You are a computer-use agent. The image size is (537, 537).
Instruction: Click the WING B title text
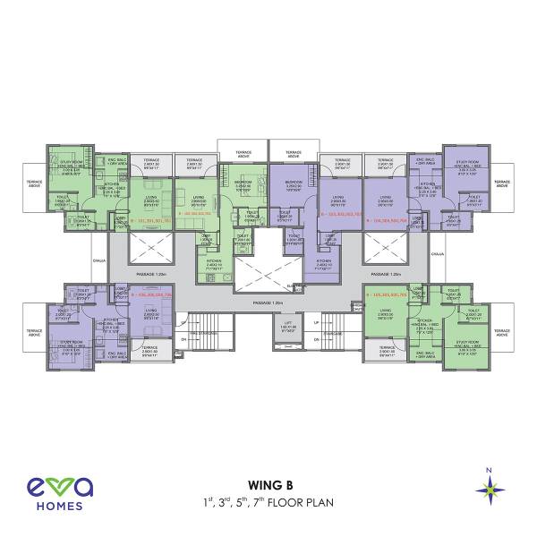(x=268, y=487)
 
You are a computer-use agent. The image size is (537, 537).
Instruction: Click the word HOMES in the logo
(x=59, y=506)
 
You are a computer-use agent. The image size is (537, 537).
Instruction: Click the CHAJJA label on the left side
(x=99, y=261)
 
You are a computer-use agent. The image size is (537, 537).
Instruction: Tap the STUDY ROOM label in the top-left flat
(x=72, y=164)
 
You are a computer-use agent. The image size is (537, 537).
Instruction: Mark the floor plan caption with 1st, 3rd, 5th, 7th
(x=268, y=503)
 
